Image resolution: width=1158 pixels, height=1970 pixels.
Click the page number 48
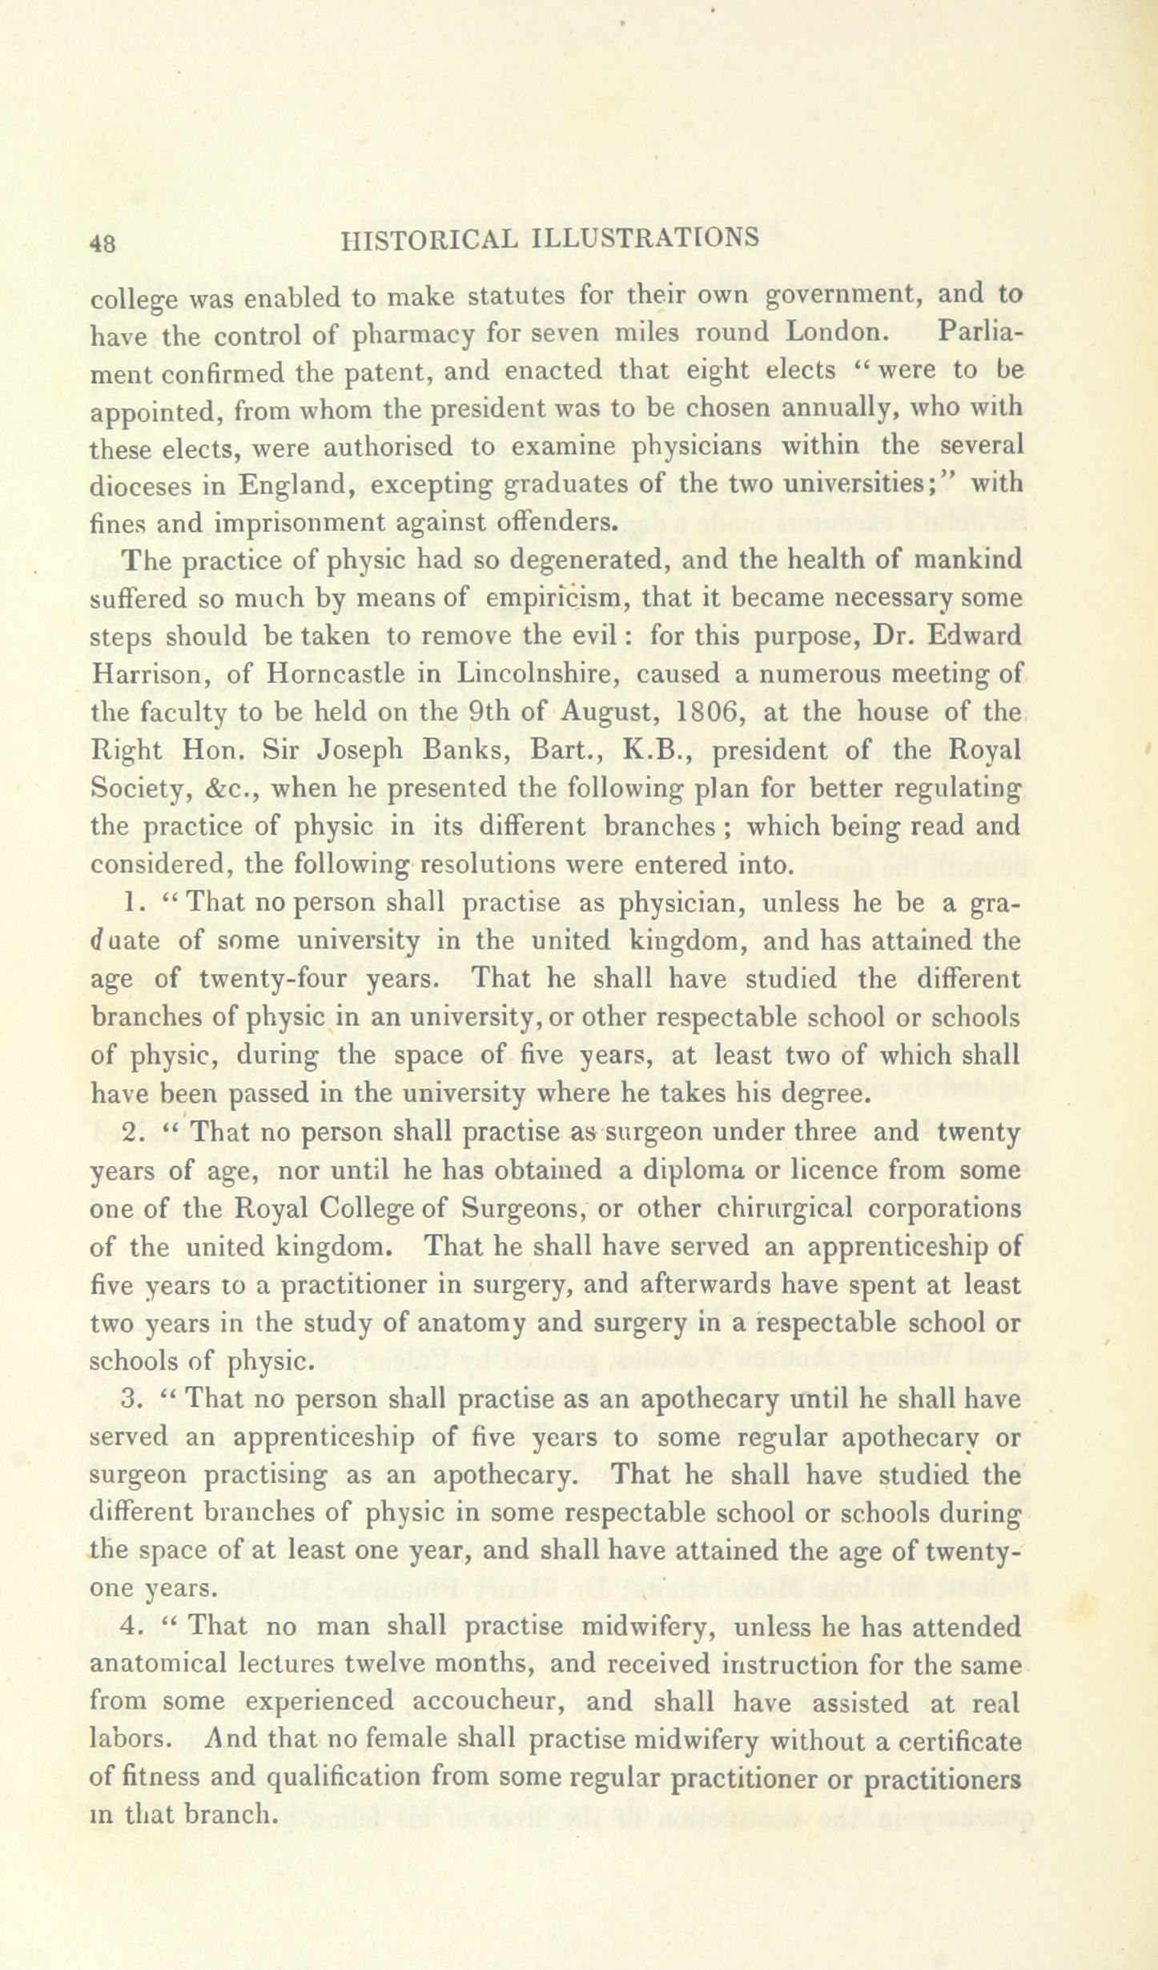coord(104,243)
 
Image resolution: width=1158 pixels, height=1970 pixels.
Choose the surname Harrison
coord(151,673)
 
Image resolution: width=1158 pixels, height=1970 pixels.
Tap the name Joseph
coord(364,750)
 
